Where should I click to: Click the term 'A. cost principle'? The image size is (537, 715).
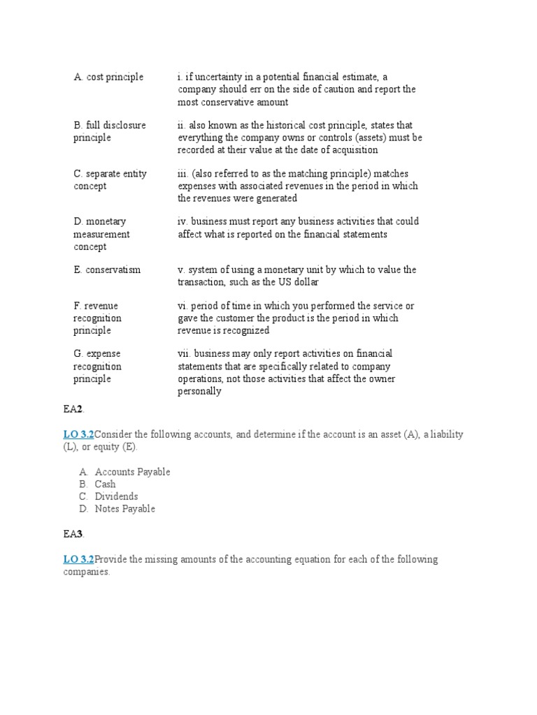point(108,77)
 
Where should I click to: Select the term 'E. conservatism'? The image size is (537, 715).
point(107,270)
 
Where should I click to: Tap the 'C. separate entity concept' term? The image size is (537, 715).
point(110,179)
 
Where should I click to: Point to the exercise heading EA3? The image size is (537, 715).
point(73,534)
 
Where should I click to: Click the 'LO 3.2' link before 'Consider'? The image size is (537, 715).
point(78,434)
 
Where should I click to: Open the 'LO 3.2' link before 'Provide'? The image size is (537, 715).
point(78,559)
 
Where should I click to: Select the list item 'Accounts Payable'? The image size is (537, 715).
point(132,471)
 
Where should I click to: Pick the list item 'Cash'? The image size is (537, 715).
point(105,484)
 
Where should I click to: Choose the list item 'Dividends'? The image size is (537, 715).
point(116,496)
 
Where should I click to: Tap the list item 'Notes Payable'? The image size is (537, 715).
point(125,509)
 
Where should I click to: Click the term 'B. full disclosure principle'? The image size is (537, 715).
point(110,131)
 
